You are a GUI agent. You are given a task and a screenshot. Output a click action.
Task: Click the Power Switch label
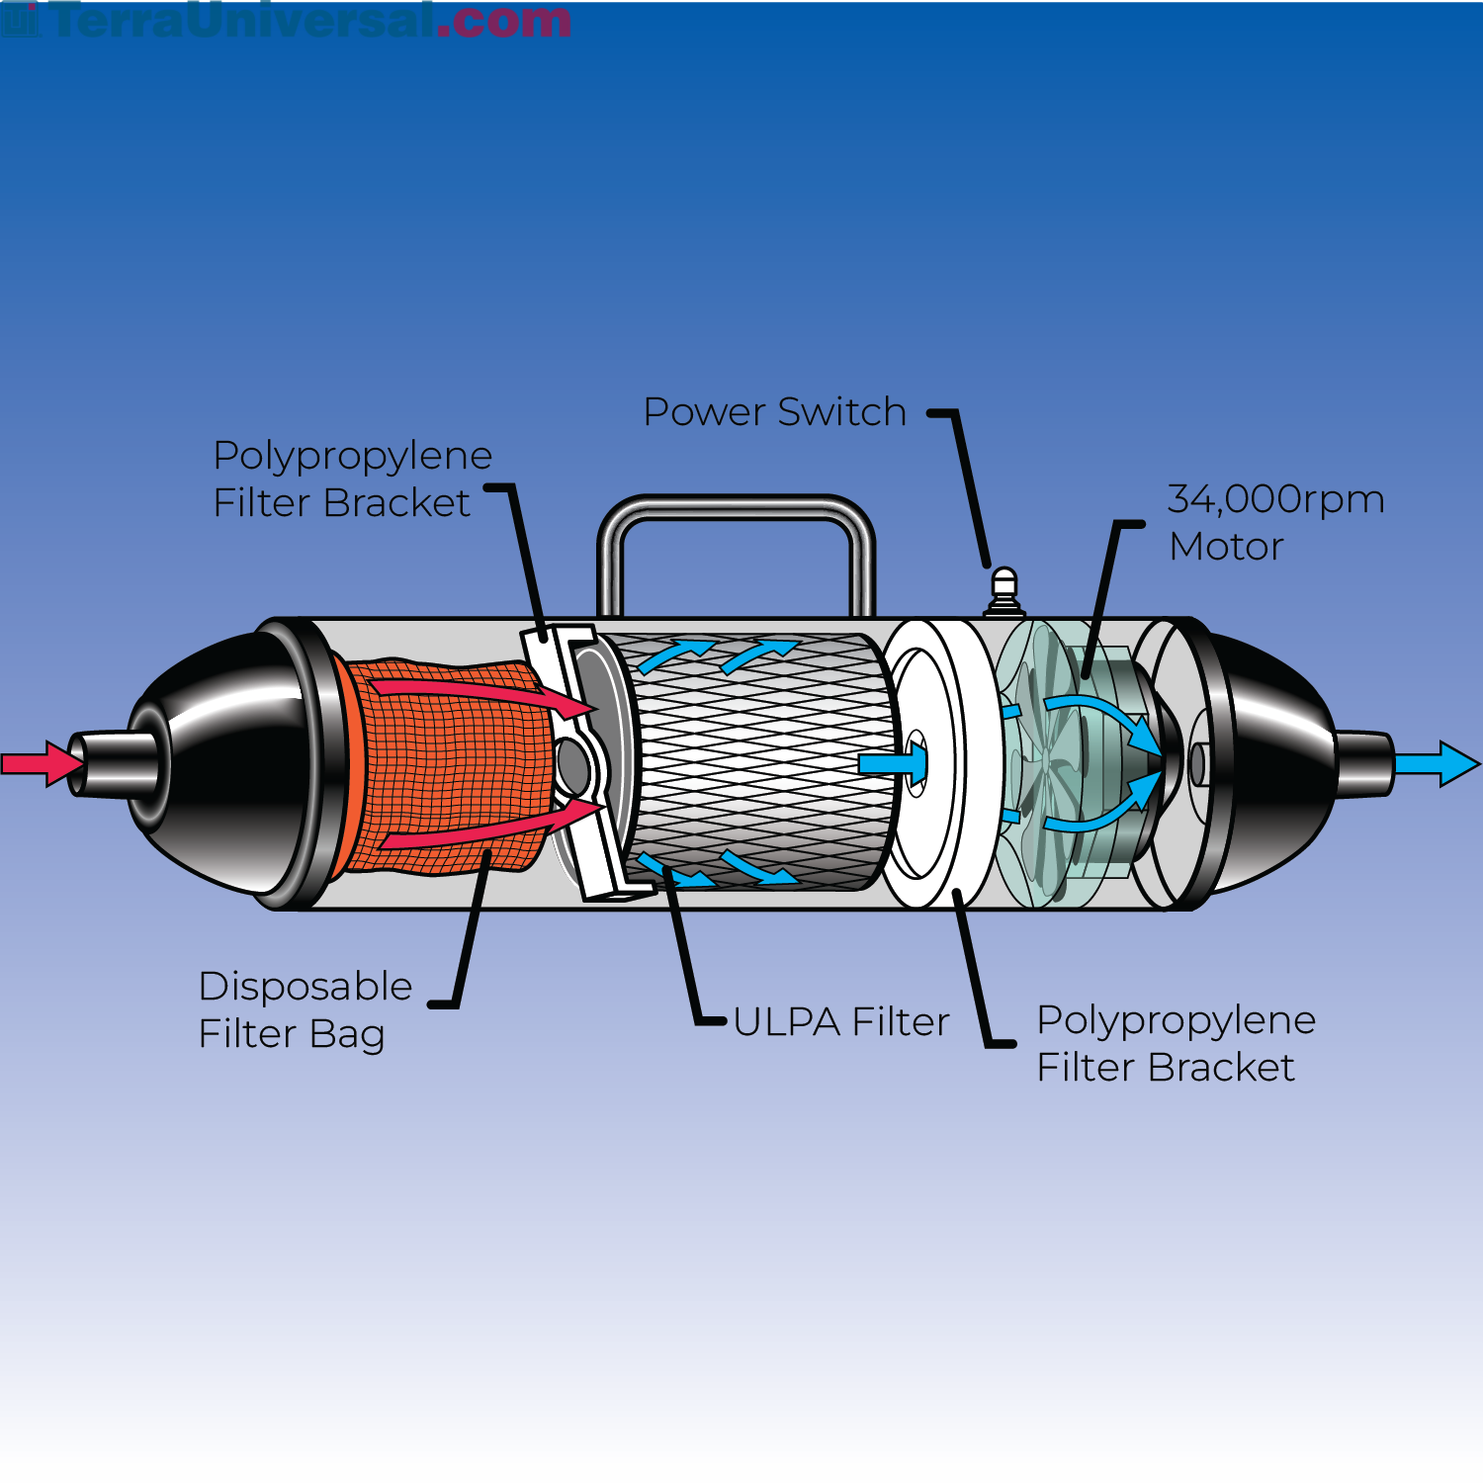click(x=774, y=412)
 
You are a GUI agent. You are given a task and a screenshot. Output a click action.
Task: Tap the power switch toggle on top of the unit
click(x=1003, y=589)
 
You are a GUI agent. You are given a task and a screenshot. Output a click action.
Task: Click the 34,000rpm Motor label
click(x=1274, y=522)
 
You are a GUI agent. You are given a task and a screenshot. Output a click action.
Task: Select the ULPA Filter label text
click(x=841, y=1022)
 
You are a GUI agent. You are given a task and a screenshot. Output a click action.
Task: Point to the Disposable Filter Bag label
click(x=305, y=1009)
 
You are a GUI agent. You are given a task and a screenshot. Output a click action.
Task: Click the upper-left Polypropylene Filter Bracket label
click(x=352, y=479)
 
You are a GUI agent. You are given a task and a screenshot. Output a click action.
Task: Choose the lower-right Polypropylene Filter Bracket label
click(x=1176, y=1043)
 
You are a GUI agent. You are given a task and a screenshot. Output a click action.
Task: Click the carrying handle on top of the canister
click(x=736, y=508)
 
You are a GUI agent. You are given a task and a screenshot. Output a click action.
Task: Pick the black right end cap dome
click(x=1275, y=761)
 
